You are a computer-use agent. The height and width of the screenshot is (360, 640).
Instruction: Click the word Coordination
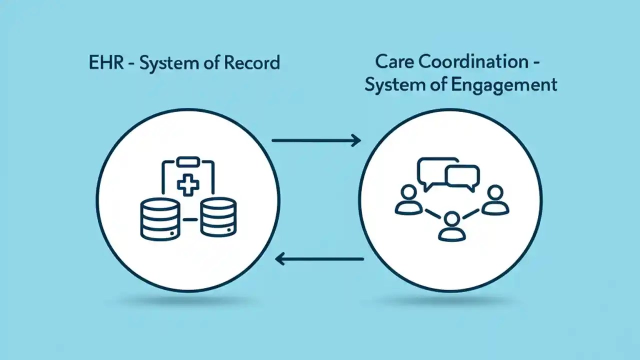(473, 62)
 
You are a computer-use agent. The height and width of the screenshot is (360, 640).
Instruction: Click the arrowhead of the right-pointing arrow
(356, 140)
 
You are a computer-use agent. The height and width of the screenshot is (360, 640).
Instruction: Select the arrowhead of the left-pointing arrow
(280, 259)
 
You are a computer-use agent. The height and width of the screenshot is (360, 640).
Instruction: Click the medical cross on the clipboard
(188, 184)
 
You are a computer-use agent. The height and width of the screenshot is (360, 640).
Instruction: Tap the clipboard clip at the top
(188, 161)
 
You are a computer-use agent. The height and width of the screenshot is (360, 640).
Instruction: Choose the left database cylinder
(159, 218)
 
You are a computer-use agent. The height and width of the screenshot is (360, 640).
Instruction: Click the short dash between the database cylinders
(188, 219)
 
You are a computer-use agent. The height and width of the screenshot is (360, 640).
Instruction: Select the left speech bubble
(432, 172)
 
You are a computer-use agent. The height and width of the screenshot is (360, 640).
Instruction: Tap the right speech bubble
(462, 178)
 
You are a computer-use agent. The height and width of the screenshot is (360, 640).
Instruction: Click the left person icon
(408, 200)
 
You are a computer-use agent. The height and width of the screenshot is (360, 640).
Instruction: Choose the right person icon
(494, 200)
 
